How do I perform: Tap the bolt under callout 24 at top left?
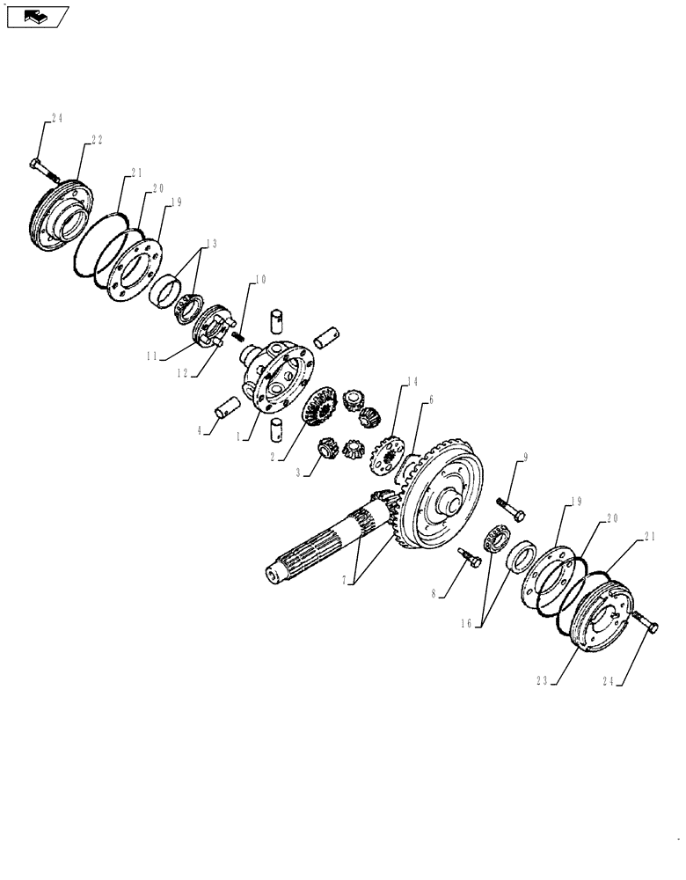pos(40,168)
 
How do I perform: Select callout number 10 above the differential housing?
pos(260,281)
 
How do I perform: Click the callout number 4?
pos(201,431)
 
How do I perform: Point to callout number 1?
pos(239,434)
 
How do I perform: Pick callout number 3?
pos(300,473)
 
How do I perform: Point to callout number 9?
pos(525,457)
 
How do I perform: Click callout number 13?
pos(210,244)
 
